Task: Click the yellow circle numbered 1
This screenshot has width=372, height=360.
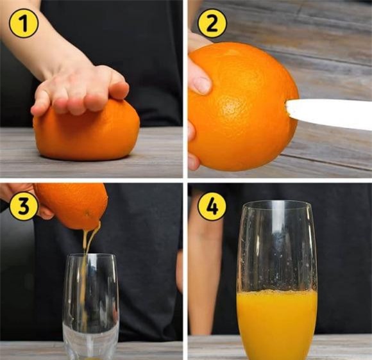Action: pos(24,24)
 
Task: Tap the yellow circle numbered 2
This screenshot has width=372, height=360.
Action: pos(212,24)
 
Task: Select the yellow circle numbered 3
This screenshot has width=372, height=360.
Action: pos(24,206)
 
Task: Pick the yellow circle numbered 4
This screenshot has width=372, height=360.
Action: pos(212,206)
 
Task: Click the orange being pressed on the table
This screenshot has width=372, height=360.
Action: pos(87,133)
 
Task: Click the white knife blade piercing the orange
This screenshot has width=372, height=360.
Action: pos(328,113)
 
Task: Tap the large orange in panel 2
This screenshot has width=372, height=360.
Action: pos(242,106)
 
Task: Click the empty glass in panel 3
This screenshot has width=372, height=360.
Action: pos(91,306)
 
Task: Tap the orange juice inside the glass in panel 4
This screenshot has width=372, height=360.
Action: pos(277,325)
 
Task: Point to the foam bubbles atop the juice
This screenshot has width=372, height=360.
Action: pos(277,292)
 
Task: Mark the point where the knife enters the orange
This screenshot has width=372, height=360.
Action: pos(286,108)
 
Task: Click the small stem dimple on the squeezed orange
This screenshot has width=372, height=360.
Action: pos(87,213)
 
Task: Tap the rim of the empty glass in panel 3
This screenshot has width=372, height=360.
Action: pos(91,256)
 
